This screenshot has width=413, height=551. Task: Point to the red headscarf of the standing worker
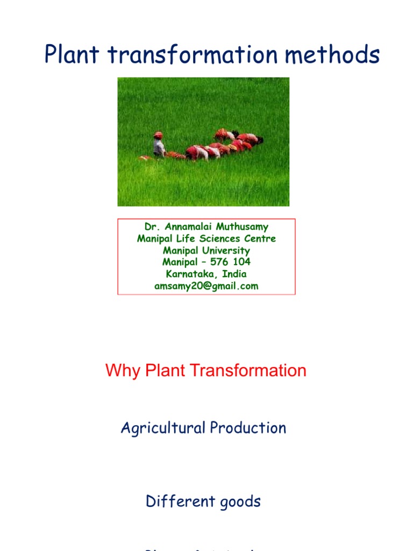158,135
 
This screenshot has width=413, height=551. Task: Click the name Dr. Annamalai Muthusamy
206,227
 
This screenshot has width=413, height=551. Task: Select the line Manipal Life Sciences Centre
206,239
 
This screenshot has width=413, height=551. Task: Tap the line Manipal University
206,251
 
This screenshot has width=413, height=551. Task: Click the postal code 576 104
228,262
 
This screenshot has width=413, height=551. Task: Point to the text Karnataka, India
206,274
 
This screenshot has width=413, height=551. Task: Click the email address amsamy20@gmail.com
206,286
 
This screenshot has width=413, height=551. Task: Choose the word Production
248,428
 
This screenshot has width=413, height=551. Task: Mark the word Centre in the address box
260,239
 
